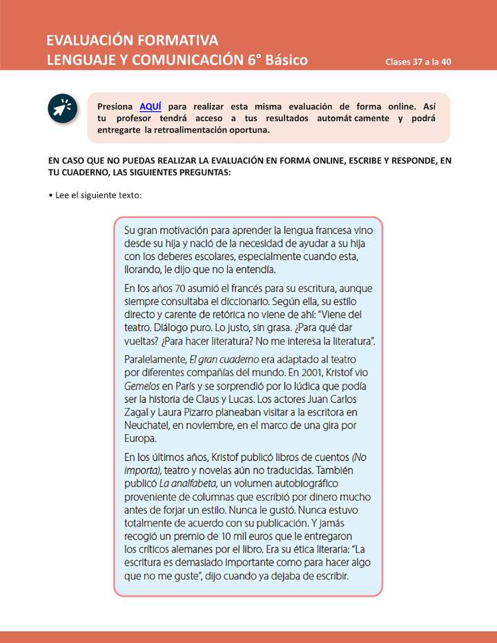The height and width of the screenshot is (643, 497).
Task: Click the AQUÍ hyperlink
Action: click(x=150, y=106)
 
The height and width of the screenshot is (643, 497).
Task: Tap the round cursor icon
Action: click(x=64, y=108)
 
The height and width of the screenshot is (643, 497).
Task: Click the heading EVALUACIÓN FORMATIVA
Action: click(x=132, y=39)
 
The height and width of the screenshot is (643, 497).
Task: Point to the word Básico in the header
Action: click(x=286, y=59)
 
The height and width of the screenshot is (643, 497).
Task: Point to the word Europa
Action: click(x=141, y=438)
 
